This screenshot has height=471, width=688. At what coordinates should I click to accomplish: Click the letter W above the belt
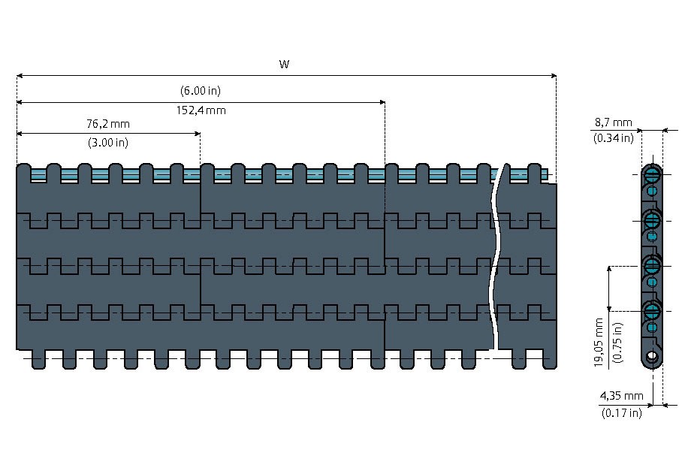coord(285,65)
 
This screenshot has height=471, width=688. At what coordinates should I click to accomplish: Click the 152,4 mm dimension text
coord(201,110)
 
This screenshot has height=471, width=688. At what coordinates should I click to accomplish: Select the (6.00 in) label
coord(200,91)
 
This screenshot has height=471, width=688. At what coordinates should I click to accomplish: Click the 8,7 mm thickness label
coord(614,122)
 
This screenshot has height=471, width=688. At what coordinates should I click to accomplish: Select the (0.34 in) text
coord(614,137)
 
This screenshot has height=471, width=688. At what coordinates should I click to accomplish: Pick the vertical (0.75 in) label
coord(617,343)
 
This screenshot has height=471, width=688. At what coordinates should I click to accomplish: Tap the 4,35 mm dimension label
coord(621,395)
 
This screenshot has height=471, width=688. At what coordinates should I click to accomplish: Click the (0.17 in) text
coord(621,412)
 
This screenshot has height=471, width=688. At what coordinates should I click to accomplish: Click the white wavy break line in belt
coord(495,255)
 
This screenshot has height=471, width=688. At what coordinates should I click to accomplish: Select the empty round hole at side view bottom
coord(652,355)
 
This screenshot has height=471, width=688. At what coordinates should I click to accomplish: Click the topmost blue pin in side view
coord(652,178)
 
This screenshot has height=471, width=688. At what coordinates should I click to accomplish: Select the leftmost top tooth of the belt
coord(23,172)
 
